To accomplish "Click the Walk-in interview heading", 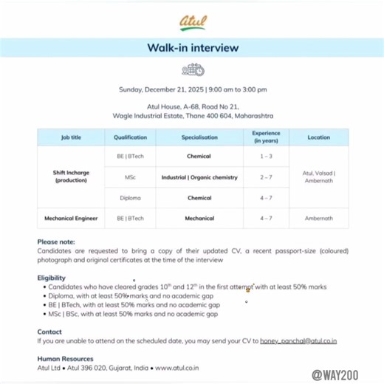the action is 192,48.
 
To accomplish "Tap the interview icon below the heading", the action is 192,70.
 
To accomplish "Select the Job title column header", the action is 72,137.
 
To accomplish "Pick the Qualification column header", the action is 131,137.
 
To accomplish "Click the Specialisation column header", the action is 199,137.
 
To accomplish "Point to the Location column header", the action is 319,137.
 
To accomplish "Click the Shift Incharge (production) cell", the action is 72,176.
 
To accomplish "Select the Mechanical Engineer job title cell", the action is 72,218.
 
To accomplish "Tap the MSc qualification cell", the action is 131,177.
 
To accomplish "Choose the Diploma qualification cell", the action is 131,198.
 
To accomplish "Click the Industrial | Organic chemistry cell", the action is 199,177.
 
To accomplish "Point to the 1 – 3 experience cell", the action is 266,157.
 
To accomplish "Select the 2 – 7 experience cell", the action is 266,177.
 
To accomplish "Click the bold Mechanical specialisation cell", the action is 199,218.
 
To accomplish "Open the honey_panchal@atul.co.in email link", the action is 298,341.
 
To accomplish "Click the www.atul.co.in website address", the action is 176,367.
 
